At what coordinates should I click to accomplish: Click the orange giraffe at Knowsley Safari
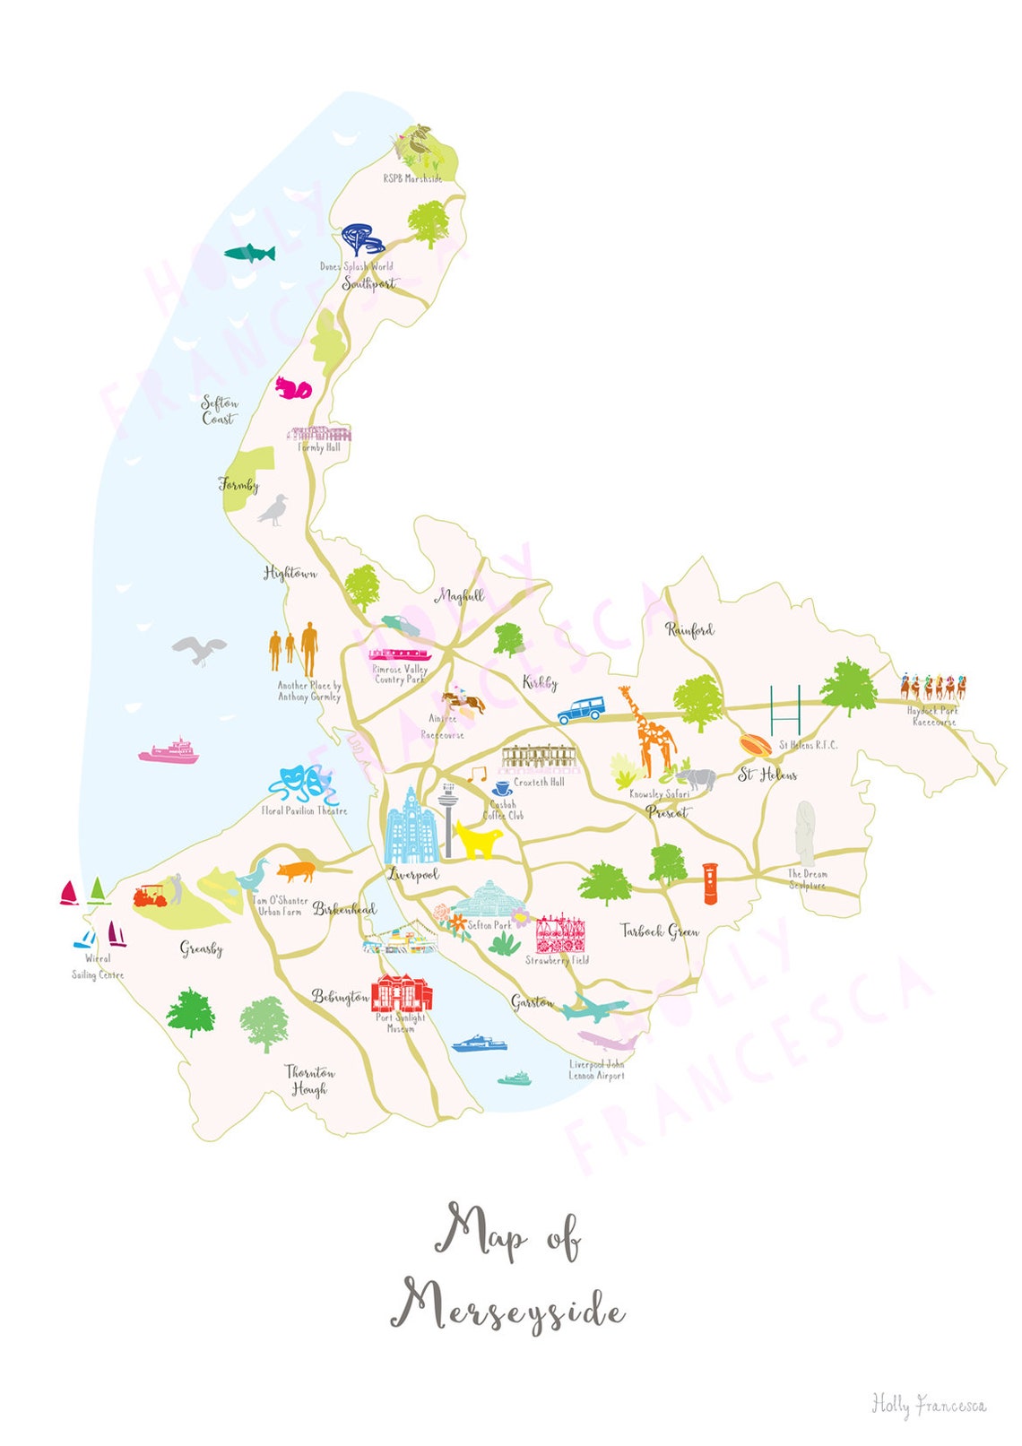(x=652, y=730)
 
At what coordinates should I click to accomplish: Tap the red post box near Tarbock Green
(x=710, y=883)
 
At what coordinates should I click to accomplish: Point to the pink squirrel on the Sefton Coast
(x=292, y=388)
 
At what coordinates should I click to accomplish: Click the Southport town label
(x=368, y=283)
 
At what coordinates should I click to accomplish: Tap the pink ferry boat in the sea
(x=169, y=751)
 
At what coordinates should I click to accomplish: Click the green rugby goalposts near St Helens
(x=785, y=711)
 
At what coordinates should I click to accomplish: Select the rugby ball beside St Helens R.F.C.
(x=755, y=744)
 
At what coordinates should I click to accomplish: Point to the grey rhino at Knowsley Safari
(x=696, y=778)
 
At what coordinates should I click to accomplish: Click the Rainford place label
(x=689, y=630)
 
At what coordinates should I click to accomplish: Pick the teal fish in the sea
(x=249, y=253)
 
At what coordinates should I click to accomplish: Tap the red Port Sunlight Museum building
(x=402, y=992)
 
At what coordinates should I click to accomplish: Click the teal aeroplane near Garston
(x=593, y=1008)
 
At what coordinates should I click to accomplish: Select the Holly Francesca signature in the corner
(x=929, y=1404)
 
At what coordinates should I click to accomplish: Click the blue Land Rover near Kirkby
(x=579, y=712)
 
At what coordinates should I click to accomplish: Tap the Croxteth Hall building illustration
(x=538, y=758)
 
